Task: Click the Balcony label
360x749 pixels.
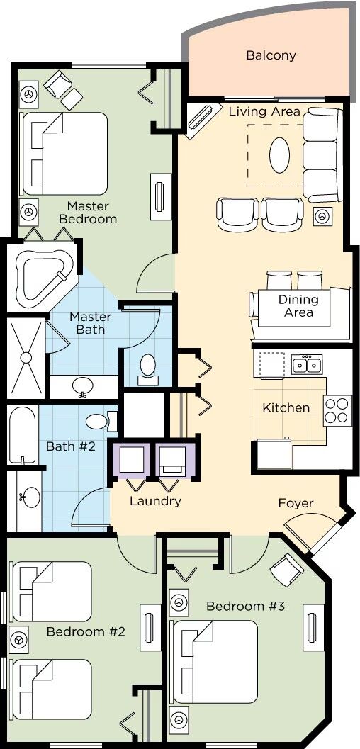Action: [x=271, y=55]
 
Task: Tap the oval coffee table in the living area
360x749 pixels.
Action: [x=279, y=155]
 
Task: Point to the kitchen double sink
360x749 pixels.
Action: [x=307, y=364]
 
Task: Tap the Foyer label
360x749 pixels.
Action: [x=296, y=503]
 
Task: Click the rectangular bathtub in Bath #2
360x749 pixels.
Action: [x=23, y=434]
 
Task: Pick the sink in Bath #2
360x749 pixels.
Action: [x=30, y=497]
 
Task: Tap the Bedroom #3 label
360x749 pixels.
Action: [x=245, y=606]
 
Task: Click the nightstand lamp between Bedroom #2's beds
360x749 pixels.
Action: [x=19, y=638]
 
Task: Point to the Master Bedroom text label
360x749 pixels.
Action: [x=91, y=213]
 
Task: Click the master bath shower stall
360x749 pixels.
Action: [x=26, y=357]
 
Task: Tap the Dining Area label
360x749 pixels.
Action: [x=298, y=305]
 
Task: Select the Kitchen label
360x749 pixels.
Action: [x=286, y=407]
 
